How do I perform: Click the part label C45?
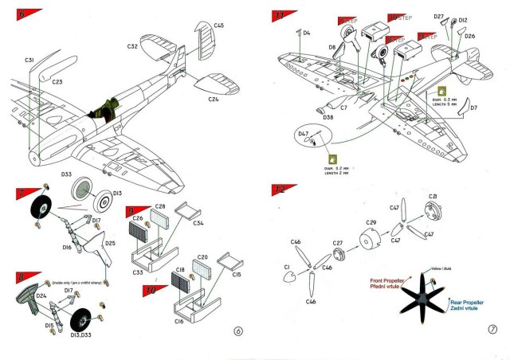pos(218,25)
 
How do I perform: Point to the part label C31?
pos(29,61)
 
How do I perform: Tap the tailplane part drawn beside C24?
pos(212,84)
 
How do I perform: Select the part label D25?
pos(110,242)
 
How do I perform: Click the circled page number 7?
pos(492,330)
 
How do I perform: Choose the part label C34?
pos(198,225)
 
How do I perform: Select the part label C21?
pos(433,196)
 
